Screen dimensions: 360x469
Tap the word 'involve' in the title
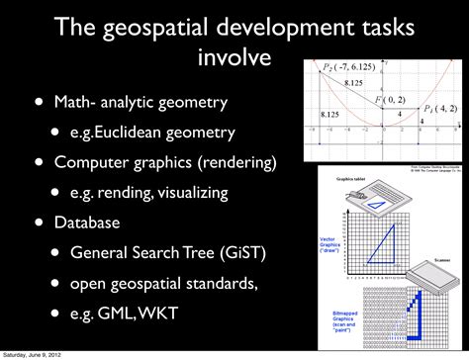click(235, 58)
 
